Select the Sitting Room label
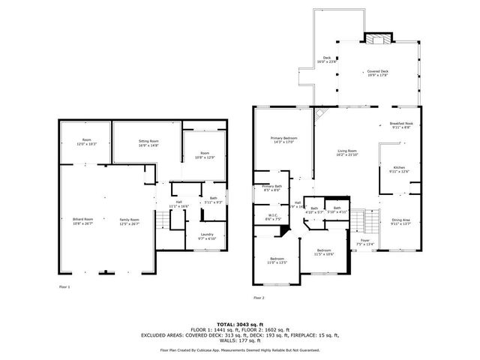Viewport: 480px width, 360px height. [148, 142]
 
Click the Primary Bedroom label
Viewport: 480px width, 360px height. [283, 140]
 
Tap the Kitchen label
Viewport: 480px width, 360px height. [399, 169]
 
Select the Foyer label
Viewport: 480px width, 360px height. [364, 242]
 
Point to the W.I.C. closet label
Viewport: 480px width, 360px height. [273, 218]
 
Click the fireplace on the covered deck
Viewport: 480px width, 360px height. [373, 39]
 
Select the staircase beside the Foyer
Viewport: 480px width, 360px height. [362, 221]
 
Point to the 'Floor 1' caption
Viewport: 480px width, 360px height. [64, 287]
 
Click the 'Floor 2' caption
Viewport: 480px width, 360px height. [258, 298]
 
